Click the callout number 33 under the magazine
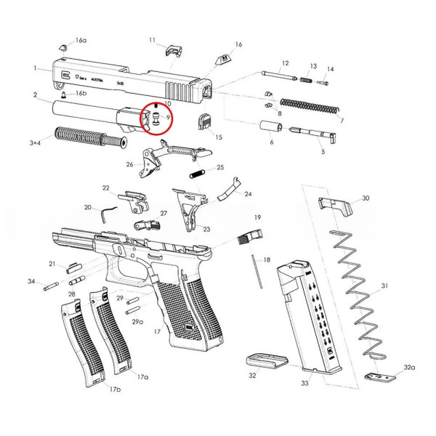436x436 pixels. click(x=304, y=382)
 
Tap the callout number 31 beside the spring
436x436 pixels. click(x=385, y=286)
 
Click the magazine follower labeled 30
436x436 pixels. click(x=336, y=203)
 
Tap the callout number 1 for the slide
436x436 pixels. click(x=35, y=68)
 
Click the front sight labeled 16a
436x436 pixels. click(x=62, y=47)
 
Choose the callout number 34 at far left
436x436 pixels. click(x=31, y=281)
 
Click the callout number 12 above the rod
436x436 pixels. click(x=285, y=63)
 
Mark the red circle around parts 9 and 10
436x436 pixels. click(x=153, y=119)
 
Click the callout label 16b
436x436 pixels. click(x=81, y=94)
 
